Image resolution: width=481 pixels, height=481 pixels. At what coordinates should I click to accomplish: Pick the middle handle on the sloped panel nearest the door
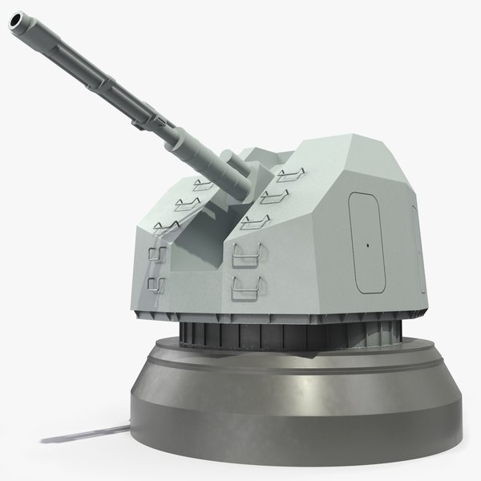point(270,196)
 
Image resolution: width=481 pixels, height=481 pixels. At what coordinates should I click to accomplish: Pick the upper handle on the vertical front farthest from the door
point(157,254)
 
